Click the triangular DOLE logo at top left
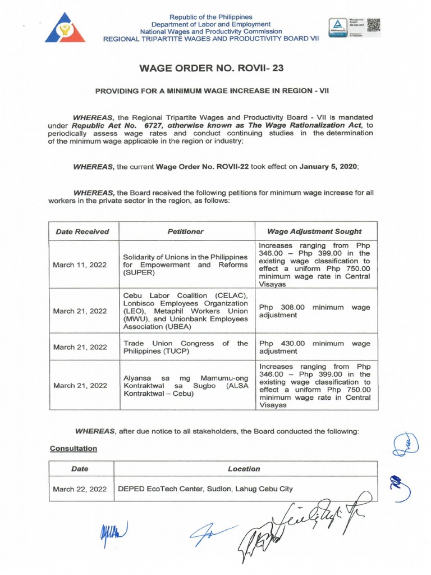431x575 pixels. pyautogui.click(x=65, y=28)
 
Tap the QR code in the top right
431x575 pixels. pyautogui.click(x=373, y=25)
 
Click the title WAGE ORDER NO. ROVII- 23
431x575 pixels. pyautogui.click(x=215, y=69)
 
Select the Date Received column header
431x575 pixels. pyautogui.click(x=82, y=231)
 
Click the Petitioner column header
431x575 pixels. pyautogui.click(x=185, y=231)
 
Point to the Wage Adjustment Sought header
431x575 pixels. pyautogui.click(x=314, y=231)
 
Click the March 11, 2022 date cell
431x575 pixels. pyautogui.click(x=80, y=266)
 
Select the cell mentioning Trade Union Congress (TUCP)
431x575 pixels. pyautogui.click(x=185, y=347)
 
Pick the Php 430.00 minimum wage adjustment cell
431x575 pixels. pyautogui.click(x=314, y=347)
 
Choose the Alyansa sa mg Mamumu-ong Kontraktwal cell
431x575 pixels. pyautogui.click(x=185, y=385)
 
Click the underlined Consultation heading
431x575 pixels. pyautogui.click(x=74, y=449)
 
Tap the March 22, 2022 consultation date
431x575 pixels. pyautogui.click(x=80, y=489)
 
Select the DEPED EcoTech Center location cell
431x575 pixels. pyautogui.click(x=204, y=489)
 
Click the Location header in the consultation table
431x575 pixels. pyautogui.click(x=244, y=469)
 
